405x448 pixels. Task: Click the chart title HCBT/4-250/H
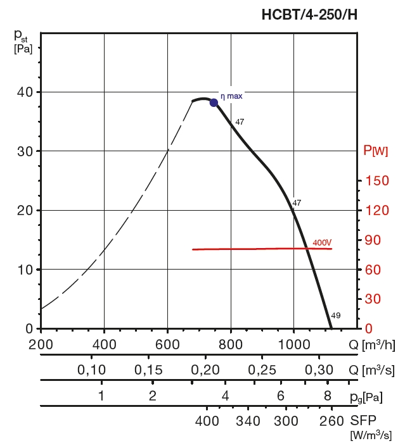[x=309, y=15]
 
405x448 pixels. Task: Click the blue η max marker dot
[x=214, y=103]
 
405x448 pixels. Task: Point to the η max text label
[x=231, y=96]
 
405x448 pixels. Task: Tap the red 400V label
[x=322, y=243]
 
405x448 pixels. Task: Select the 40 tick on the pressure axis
[x=25, y=92]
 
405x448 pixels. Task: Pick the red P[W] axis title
[x=375, y=151]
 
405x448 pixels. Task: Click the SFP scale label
[x=363, y=421]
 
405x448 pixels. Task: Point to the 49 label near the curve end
[x=336, y=316]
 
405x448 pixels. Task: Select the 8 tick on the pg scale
[x=327, y=396]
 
